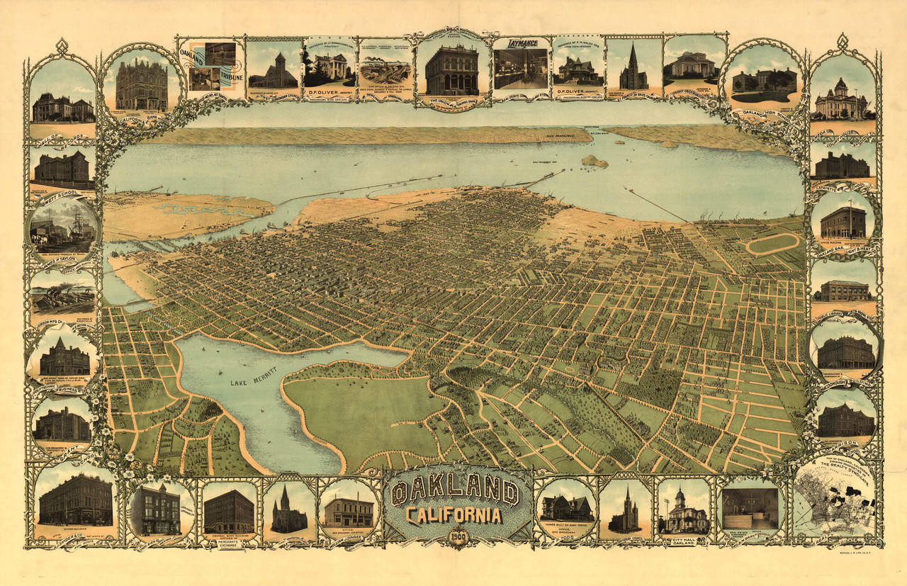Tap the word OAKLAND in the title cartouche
click(x=453, y=490)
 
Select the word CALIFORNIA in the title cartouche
click(x=453, y=515)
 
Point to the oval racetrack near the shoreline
click(x=772, y=243)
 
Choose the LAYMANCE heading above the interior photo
click(x=521, y=43)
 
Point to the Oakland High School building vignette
click(x=764, y=81)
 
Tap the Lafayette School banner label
click(x=843, y=187)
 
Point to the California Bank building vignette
click(x=142, y=84)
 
